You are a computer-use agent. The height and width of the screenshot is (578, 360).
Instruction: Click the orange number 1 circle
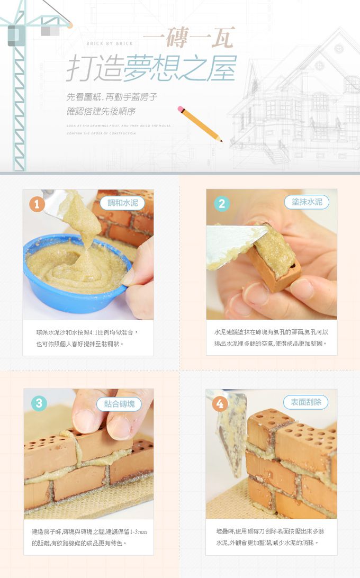(37, 203)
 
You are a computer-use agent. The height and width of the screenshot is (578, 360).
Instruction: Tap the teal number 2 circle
(221, 203)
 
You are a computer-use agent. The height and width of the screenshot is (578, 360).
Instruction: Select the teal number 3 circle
(39, 403)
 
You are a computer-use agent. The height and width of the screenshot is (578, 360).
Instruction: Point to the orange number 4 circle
(220, 404)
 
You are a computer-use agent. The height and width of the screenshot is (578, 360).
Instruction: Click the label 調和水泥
(122, 203)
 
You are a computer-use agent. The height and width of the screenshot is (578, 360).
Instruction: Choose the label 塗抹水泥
(307, 202)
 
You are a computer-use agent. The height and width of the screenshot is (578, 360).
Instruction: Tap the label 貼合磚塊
(119, 404)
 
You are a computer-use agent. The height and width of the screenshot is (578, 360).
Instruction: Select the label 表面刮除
(305, 402)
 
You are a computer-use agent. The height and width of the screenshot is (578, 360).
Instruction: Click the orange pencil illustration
(200, 123)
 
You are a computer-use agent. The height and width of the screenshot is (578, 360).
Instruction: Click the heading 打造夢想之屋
(150, 69)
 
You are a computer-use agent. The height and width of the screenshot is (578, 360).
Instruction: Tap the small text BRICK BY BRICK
(109, 43)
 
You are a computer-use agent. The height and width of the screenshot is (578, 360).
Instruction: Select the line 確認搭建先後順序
(101, 112)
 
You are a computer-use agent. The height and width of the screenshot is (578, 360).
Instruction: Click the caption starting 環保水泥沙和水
(87, 338)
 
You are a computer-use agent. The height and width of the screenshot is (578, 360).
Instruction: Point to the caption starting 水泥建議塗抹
(271, 337)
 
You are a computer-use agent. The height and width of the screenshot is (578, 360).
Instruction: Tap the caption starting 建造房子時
(89, 537)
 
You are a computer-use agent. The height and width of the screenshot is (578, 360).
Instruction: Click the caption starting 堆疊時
(270, 536)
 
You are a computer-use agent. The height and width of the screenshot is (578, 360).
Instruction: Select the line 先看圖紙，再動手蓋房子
(112, 97)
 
